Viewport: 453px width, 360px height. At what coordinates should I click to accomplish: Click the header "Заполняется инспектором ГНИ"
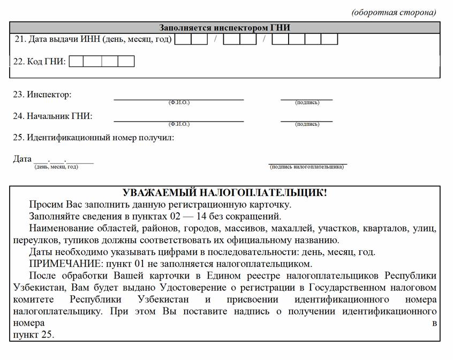point(225,28)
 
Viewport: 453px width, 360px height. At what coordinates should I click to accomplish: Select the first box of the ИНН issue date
point(183,39)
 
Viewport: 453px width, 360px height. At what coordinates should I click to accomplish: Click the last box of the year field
point(329,39)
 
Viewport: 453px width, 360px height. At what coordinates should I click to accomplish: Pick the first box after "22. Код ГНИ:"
point(77,61)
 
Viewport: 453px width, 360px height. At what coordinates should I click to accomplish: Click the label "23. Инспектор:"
point(42,94)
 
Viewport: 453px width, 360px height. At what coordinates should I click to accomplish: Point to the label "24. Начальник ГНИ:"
point(52,116)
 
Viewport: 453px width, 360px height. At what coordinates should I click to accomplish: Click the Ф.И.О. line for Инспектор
point(178,98)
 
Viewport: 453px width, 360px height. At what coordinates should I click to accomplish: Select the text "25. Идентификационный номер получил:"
point(94,137)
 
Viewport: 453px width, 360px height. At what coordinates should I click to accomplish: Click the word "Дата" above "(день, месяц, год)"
point(22,159)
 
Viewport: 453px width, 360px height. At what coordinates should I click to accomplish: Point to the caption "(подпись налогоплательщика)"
point(307,167)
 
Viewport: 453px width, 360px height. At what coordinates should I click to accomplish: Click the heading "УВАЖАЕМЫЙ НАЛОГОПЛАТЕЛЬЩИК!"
point(224,193)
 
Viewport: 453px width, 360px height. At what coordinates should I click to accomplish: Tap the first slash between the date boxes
point(215,39)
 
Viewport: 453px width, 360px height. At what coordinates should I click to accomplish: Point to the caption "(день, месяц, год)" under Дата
point(56,167)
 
